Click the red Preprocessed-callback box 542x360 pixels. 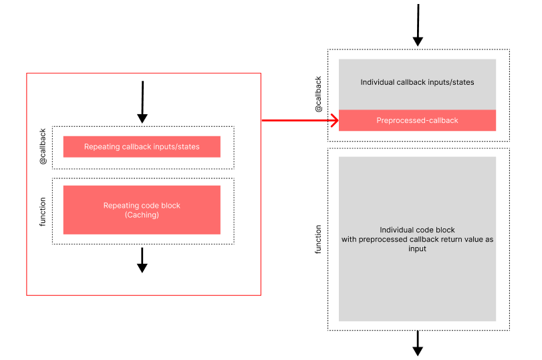coord(417,120)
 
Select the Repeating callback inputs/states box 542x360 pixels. coord(142,147)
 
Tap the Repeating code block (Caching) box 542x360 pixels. coord(142,210)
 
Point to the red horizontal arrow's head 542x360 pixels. coord(333,120)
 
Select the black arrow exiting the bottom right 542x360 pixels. coord(418,343)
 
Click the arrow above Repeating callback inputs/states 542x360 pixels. coord(142,102)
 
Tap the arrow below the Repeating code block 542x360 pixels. coord(142,260)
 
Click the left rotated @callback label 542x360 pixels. coord(43,147)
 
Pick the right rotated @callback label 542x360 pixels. coord(318,94)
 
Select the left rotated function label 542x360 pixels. coord(43,211)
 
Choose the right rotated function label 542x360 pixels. coord(318,238)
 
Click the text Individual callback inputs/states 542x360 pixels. coord(417,83)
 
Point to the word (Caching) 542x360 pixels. coord(142,215)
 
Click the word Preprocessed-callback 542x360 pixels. coord(417,120)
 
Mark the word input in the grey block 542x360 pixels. coord(417,248)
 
